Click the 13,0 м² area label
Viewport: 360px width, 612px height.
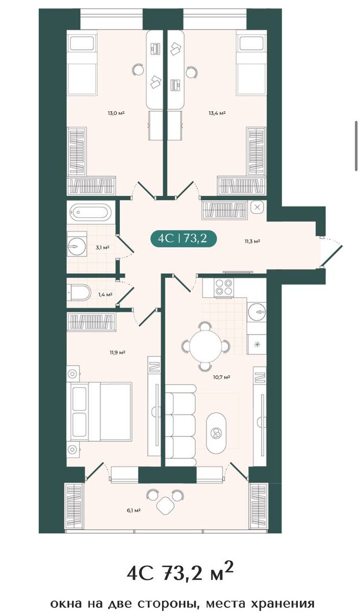[x=116, y=113]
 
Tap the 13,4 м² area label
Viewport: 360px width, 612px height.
[x=217, y=113]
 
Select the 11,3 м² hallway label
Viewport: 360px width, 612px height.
[x=252, y=241]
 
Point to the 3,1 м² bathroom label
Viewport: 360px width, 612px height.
[x=102, y=247]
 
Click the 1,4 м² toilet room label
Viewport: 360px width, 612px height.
[x=106, y=295]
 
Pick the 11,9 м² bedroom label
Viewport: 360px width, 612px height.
[x=117, y=352]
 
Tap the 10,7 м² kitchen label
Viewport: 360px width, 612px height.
[x=221, y=377]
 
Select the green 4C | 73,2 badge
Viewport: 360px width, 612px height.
[x=183, y=239]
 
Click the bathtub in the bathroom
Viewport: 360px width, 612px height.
[x=89, y=212]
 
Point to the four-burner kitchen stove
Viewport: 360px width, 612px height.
[x=223, y=287]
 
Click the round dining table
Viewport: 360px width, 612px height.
[x=205, y=346]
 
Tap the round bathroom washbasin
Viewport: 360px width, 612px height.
[x=74, y=246]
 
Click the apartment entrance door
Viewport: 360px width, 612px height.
[x=331, y=255]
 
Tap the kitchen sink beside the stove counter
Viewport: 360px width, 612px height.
[x=257, y=311]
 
